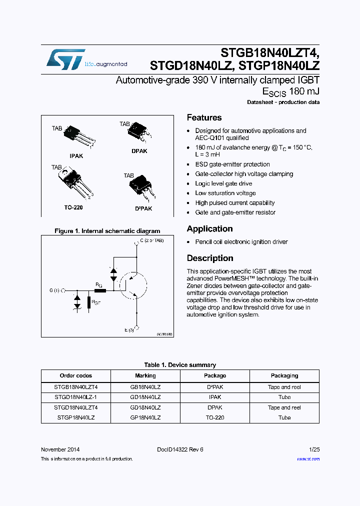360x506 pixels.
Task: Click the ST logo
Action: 65,59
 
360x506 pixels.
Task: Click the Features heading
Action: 204,118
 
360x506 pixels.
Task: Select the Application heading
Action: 209,229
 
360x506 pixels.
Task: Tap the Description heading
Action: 210,258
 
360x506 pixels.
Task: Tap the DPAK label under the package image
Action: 139,151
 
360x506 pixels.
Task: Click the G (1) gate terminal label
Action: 54,290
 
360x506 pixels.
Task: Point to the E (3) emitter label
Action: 129,330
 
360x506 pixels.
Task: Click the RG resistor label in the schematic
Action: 98,284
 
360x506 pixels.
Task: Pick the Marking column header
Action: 145,375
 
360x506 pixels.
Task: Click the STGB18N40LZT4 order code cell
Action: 75,387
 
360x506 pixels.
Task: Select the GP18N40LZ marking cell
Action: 145,417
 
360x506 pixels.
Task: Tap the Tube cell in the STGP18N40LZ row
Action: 284,417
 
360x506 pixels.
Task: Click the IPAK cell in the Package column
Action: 215,397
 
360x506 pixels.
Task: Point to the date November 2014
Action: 60,449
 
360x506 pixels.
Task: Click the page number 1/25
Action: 314,449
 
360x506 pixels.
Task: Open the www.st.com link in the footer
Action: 308,459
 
